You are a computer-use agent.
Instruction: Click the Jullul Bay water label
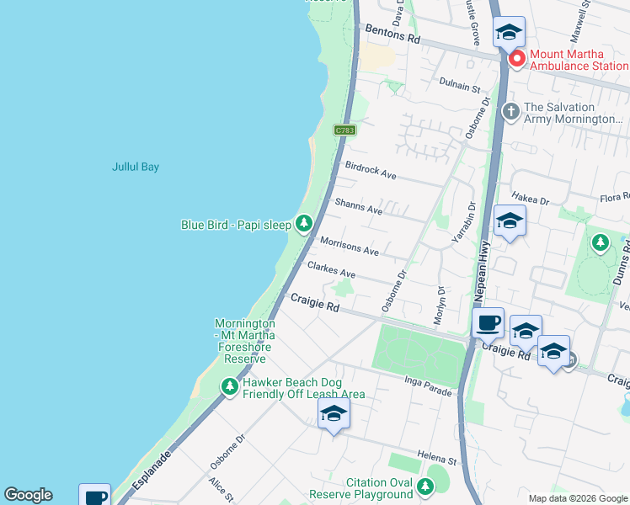point(136,167)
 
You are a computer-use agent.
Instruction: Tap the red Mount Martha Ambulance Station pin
point(515,59)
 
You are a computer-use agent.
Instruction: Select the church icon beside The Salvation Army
point(510,111)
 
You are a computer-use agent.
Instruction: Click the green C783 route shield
point(344,130)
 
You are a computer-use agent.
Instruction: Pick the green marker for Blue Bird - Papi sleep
point(304,225)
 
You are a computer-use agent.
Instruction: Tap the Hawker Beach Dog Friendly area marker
point(229,387)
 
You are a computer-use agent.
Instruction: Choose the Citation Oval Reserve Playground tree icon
point(425,486)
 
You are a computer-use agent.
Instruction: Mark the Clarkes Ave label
point(331,269)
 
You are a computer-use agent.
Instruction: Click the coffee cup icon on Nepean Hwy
point(488,322)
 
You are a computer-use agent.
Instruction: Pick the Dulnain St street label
point(459,86)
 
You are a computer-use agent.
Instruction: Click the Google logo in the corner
point(28,495)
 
